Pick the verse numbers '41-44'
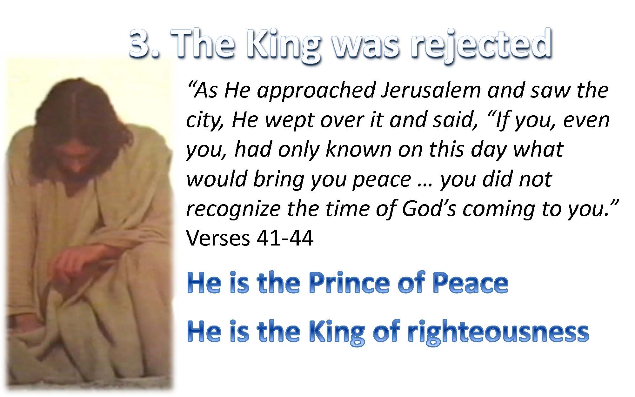285,238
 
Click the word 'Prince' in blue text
349,283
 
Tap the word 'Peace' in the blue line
471,283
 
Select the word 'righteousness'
498,332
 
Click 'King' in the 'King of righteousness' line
337,332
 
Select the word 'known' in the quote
358,149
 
